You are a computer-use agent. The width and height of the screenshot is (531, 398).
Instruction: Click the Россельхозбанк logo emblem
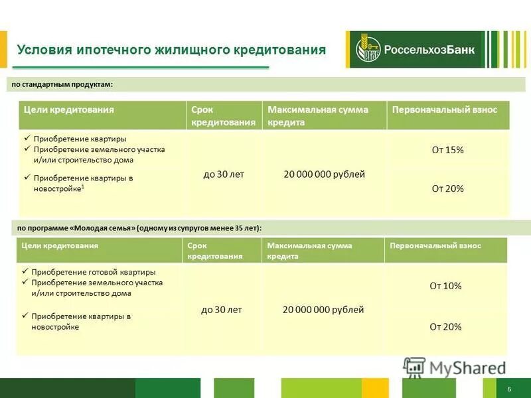click(x=366, y=50)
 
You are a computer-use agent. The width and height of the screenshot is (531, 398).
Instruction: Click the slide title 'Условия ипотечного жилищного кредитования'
click(x=171, y=50)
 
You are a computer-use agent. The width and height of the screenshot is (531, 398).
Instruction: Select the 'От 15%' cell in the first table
click(x=447, y=150)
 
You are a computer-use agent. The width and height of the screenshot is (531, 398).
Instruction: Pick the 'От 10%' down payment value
click(x=445, y=286)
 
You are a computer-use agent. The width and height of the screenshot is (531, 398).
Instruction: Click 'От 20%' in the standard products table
click(x=447, y=188)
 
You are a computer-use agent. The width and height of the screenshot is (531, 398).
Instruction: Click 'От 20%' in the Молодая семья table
click(x=445, y=326)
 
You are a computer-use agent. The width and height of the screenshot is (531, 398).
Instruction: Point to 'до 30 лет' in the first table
click(x=224, y=174)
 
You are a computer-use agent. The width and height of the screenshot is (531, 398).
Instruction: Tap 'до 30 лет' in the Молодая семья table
click(x=222, y=310)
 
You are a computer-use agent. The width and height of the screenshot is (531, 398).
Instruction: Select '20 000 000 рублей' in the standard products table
click(x=324, y=174)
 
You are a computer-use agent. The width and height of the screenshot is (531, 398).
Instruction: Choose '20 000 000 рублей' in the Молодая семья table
click(x=323, y=310)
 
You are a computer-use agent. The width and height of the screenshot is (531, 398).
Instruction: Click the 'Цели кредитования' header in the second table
click(x=60, y=245)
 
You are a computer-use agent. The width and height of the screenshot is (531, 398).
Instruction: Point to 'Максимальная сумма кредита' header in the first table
click(x=317, y=116)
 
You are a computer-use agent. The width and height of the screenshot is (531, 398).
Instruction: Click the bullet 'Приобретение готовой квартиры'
click(x=94, y=272)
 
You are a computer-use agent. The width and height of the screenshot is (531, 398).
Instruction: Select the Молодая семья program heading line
click(x=139, y=228)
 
